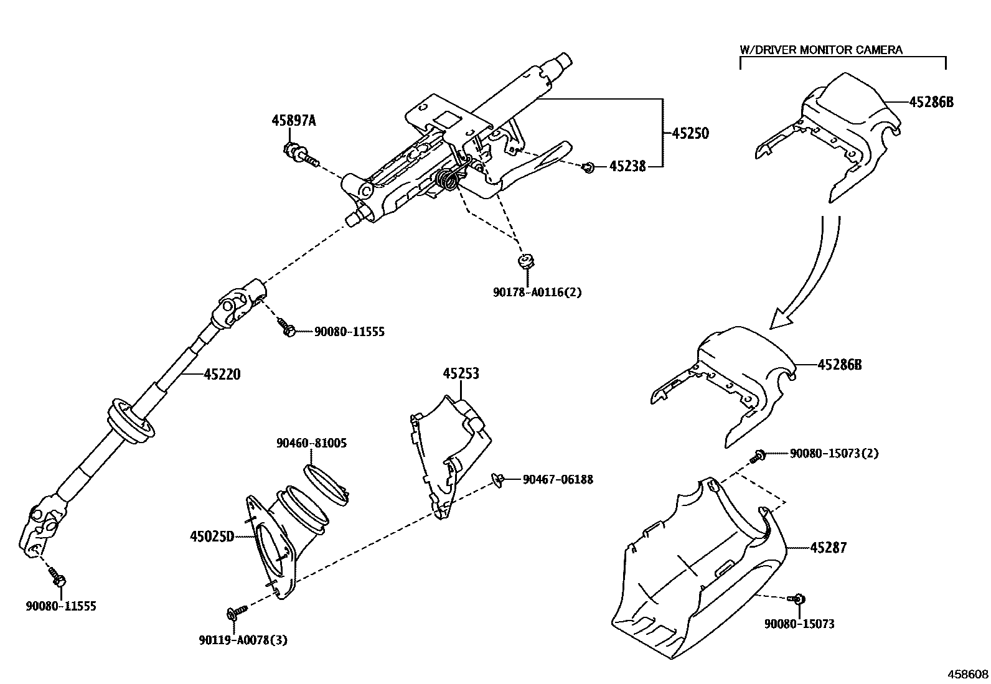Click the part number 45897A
tap(293, 121)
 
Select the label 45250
tap(690, 133)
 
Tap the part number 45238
tap(627, 166)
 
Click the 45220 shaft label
tap(222, 374)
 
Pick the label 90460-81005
tap(311, 443)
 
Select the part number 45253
tap(461, 373)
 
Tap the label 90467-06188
tap(558, 479)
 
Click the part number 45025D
tap(212, 536)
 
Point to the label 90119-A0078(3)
tap(243, 640)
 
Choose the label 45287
tap(829, 548)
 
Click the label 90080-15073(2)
tap(834, 454)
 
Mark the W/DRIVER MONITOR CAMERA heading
tap(820, 50)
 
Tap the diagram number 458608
tap(967, 673)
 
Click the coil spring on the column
tap(448, 180)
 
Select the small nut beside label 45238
tap(588, 166)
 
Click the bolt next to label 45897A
tap(301, 154)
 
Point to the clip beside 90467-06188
tap(498, 479)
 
